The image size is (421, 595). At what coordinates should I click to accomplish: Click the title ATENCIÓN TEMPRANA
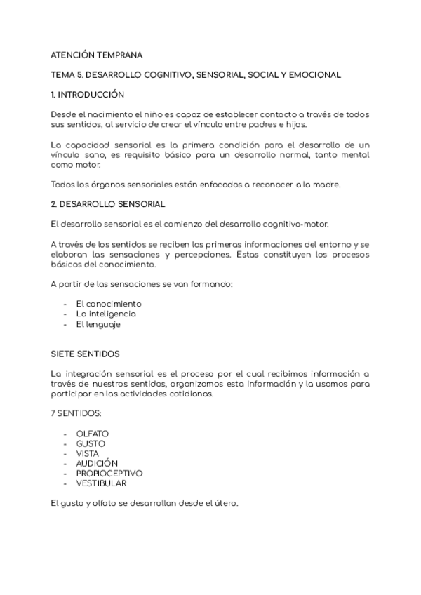point(96,54)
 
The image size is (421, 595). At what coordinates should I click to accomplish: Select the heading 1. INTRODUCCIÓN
point(88,94)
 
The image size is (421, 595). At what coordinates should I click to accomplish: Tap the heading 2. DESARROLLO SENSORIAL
point(108,204)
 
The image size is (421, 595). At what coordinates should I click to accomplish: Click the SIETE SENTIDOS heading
point(85,354)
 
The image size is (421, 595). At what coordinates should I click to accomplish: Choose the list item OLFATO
point(93,434)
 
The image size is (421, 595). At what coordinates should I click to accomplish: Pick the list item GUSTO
point(91,443)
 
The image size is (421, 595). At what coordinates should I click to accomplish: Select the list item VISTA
point(88,453)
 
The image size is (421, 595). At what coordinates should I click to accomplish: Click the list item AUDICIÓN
point(97,463)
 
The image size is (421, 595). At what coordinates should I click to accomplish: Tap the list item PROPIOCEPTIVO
point(109,473)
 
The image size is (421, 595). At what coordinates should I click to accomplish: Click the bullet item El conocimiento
point(109,304)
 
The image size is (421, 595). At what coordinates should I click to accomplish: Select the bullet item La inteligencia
point(106,314)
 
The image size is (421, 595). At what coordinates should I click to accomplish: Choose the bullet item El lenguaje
point(98,324)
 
